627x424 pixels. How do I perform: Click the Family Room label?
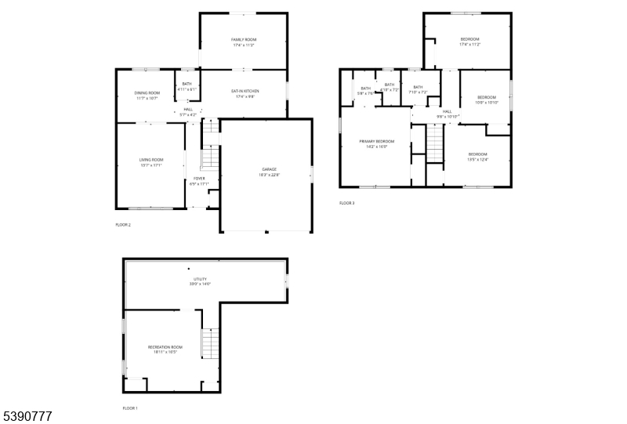click(244, 39)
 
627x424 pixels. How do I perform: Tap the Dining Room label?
click(147, 93)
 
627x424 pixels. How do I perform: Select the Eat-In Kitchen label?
click(245, 92)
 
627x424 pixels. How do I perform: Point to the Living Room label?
click(150, 160)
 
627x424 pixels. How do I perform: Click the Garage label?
click(269, 169)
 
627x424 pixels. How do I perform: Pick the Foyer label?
click(200, 179)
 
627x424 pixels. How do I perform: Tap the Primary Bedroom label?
click(376, 141)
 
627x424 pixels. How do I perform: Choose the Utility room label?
click(200, 278)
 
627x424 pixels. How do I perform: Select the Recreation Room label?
click(165, 346)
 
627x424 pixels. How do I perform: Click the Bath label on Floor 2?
click(187, 84)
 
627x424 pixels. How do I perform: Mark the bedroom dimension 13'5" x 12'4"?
click(477, 159)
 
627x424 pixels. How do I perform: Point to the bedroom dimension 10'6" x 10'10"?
click(487, 102)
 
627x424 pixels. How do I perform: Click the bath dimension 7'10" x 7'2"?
click(418, 92)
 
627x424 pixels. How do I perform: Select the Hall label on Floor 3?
click(447, 111)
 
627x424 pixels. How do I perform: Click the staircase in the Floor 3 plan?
click(435, 143)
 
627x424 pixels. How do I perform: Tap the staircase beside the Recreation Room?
click(208, 343)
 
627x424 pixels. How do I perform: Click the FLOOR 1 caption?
click(129, 408)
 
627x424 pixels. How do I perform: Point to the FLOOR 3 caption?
click(346, 203)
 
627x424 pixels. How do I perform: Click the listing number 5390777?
click(27, 416)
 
